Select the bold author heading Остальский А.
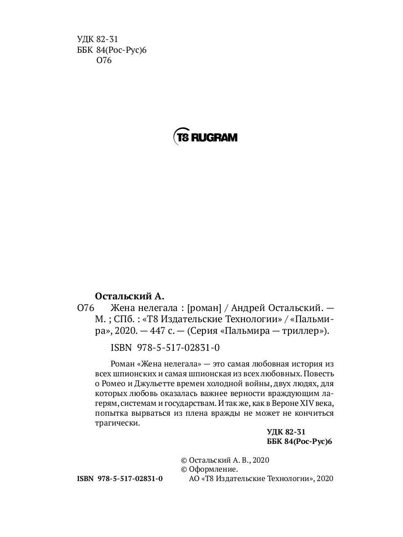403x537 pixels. click(130, 296)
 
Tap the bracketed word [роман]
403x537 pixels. click(204, 308)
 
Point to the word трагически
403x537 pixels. click(118, 423)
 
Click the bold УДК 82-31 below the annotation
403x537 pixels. click(286, 432)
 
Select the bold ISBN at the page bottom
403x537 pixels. click(85, 479)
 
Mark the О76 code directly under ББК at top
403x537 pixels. click(103, 61)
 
